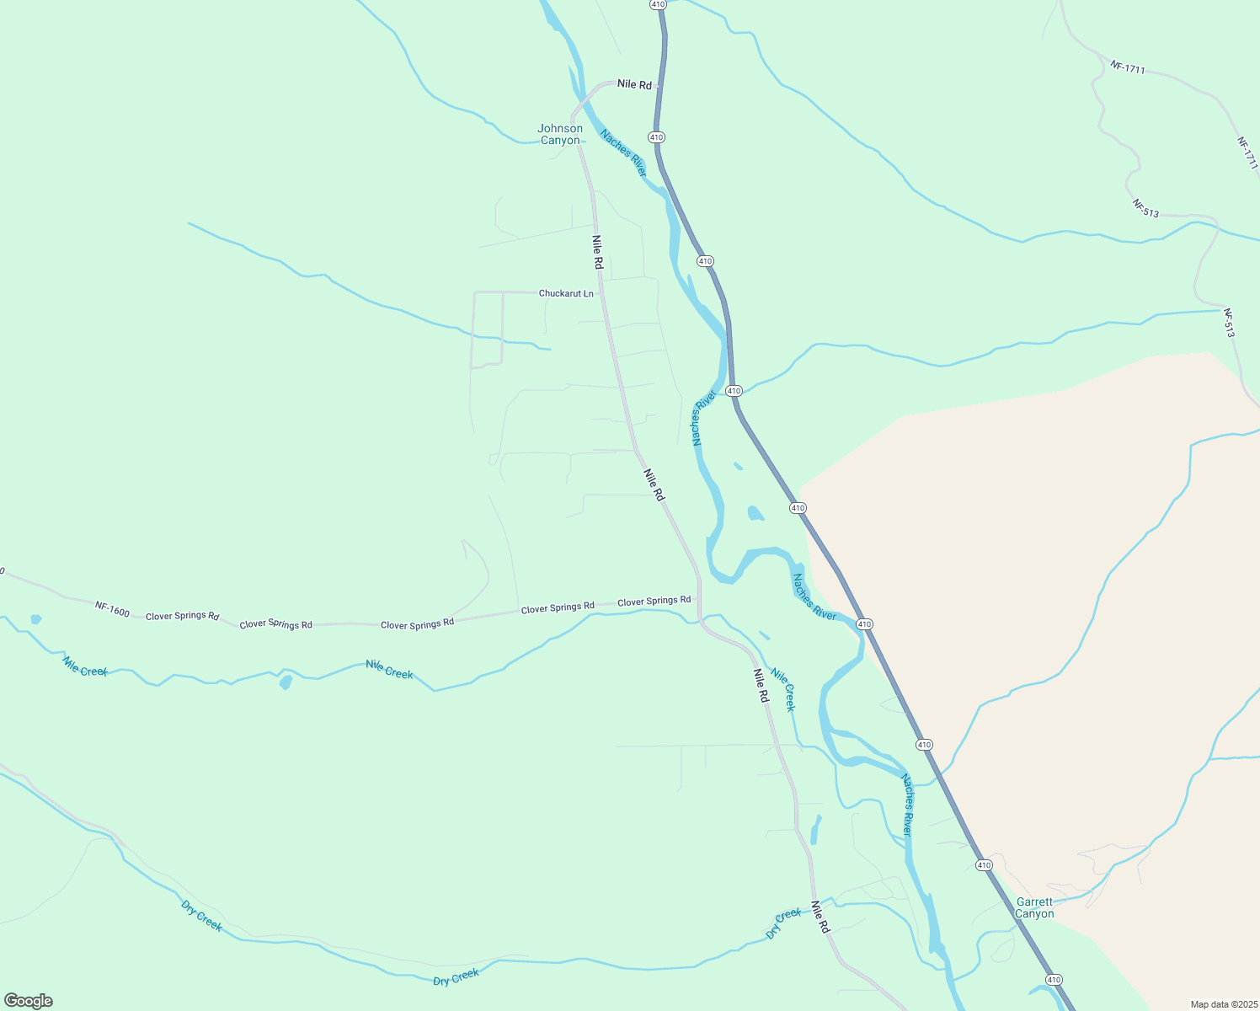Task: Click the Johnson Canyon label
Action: (x=560, y=134)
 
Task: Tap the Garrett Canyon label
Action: (x=1034, y=907)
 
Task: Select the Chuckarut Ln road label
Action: (x=566, y=294)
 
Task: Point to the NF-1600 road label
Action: (x=112, y=608)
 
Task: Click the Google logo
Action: (x=28, y=1001)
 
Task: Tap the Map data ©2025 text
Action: (x=1223, y=1004)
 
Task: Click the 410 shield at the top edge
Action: (x=658, y=4)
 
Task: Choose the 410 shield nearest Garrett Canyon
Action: (x=983, y=865)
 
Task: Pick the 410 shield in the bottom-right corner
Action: (x=1054, y=979)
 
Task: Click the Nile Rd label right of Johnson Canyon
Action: (x=634, y=84)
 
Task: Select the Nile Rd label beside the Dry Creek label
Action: (x=820, y=917)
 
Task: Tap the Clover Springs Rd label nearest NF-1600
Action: (x=182, y=616)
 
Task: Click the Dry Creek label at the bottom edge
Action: (x=456, y=977)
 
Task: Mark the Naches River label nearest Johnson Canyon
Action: (x=623, y=152)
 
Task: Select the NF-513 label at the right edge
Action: (x=1230, y=324)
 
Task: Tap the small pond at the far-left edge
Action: (x=35, y=619)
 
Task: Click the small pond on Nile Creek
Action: (x=286, y=682)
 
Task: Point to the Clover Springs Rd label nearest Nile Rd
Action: (x=654, y=601)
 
